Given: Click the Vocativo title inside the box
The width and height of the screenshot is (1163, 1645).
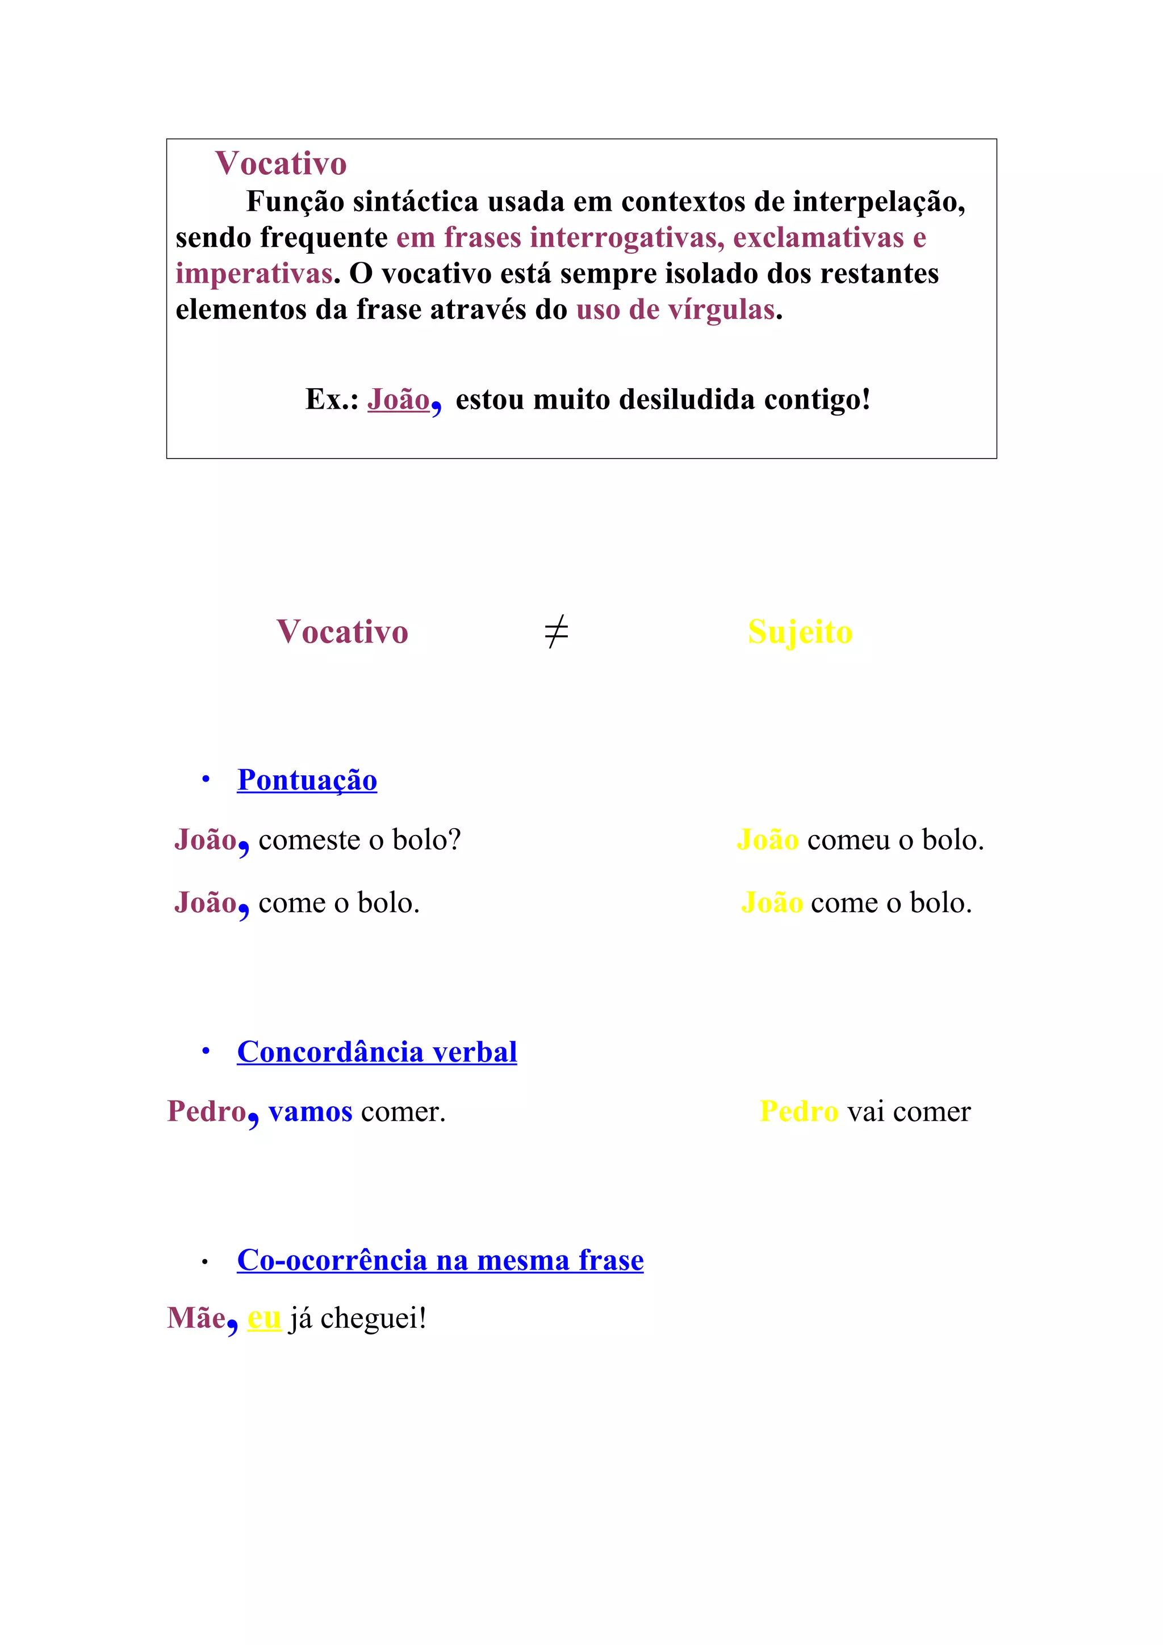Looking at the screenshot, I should click(x=281, y=164).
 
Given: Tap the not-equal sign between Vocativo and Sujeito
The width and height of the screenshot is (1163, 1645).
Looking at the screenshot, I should click(x=556, y=632).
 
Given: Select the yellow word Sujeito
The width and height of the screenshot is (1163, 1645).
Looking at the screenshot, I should click(x=800, y=632).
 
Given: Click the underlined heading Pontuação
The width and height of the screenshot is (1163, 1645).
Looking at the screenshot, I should click(x=307, y=780).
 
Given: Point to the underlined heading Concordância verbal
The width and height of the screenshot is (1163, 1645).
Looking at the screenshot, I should click(x=377, y=1052).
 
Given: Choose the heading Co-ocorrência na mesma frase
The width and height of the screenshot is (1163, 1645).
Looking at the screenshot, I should click(x=440, y=1260).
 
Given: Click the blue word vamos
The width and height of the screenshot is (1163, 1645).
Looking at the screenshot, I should click(x=310, y=1112).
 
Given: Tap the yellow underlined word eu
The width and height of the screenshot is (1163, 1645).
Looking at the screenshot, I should click(x=263, y=1318).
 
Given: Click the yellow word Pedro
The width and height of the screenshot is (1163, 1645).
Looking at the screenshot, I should click(x=798, y=1112).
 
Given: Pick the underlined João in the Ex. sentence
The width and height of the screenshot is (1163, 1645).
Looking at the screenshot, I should click(x=399, y=400).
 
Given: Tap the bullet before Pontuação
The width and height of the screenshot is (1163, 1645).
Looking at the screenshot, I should click(x=206, y=779).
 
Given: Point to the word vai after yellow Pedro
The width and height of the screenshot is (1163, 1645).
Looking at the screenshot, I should click(x=865, y=1112).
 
